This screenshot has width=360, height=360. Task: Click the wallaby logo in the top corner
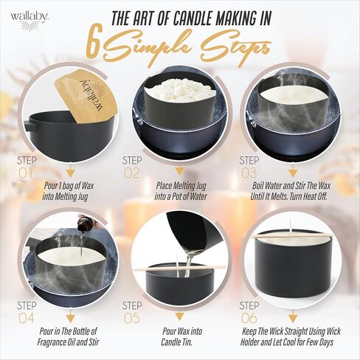28,21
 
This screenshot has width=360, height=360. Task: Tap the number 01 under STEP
26,173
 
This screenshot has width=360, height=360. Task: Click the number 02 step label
132,173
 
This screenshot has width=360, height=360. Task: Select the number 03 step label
249,173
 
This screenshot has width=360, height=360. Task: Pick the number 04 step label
26,319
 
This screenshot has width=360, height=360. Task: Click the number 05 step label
132,319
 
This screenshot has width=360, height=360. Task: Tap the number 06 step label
249,319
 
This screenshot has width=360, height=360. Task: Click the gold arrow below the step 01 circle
71,170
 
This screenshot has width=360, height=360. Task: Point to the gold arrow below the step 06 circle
292,316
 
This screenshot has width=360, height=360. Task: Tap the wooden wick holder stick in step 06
293,236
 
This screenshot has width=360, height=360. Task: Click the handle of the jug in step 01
30,124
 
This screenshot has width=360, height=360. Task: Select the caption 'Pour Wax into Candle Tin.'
181,336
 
